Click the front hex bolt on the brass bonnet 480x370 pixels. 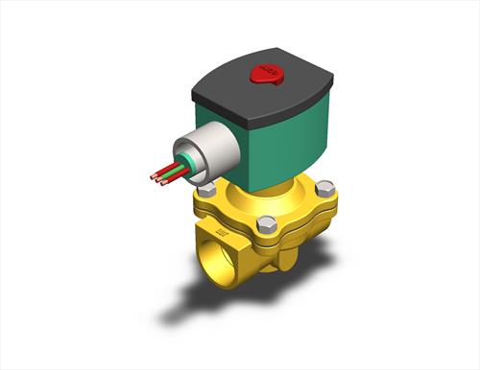tap(268, 224)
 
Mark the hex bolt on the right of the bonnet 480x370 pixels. tap(325, 188)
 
